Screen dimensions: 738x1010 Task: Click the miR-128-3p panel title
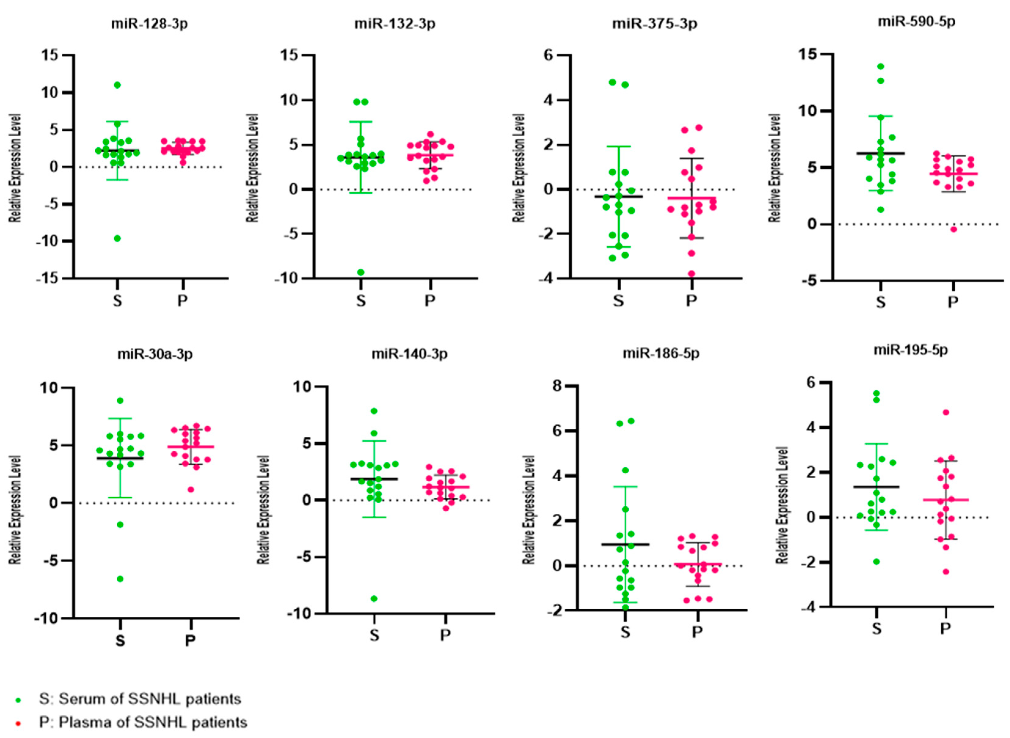coord(150,24)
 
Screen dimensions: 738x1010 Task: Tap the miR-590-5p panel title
coord(916,21)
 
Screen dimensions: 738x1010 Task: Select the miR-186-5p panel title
coord(661,353)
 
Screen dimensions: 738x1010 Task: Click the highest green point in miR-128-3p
coord(117,85)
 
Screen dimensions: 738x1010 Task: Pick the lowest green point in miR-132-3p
coord(361,272)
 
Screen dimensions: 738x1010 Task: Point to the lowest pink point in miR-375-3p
coord(691,274)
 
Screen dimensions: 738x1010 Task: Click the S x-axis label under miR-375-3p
coord(618,301)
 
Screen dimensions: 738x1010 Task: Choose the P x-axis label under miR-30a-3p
coord(191,641)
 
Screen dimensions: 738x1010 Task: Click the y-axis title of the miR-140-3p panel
coord(264,509)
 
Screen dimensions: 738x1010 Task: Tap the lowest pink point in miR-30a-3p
coord(191,490)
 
